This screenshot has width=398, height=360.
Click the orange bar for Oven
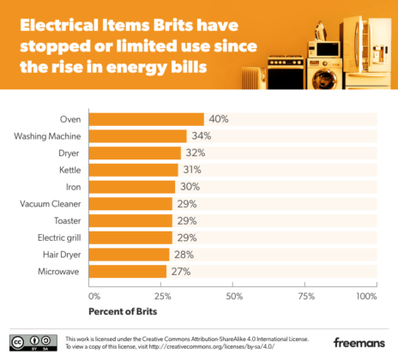pyautogui.click(x=147, y=119)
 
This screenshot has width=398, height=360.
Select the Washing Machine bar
pyautogui.click(x=138, y=136)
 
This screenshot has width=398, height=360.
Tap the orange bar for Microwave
pyautogui.click(x=128, y=272)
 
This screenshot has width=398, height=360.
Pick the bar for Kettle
pyautogui.click(x=134, y=170)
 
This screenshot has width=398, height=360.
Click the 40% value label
pyautogui.click(x=219, y=119)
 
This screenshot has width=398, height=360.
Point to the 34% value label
pyautogui.click(x=202, y=136)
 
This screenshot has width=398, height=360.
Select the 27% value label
pyautogui.click(x=181, y=272)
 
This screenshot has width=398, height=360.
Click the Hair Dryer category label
pyautogui.click(x=62, y=255)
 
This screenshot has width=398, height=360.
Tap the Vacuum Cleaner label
pyautogui.click(x=51, y=204)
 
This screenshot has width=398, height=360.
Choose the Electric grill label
pyautogui.click(x=59, y=237)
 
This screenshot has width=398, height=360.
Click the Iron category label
pyautogui.click(x=74, y=187)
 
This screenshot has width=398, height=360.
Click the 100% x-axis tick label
pyautogui.click(x=366, y=297)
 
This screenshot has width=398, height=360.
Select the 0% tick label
pyautogui.click(x=94, y=297)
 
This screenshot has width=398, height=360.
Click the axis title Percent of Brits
pyautogui.click(x=123, y=311)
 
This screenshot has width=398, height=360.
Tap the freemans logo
pyautogui.click(x=359, y=342)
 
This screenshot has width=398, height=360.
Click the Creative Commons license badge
pyautogui.click(x=33, y=343)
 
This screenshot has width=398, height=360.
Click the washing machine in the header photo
pyautogui.click(x=324, y=74)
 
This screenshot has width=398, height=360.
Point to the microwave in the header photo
pyautogui.click(x=324, y=50)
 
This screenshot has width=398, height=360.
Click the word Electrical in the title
pyautogui.click(x=59, y=25)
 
